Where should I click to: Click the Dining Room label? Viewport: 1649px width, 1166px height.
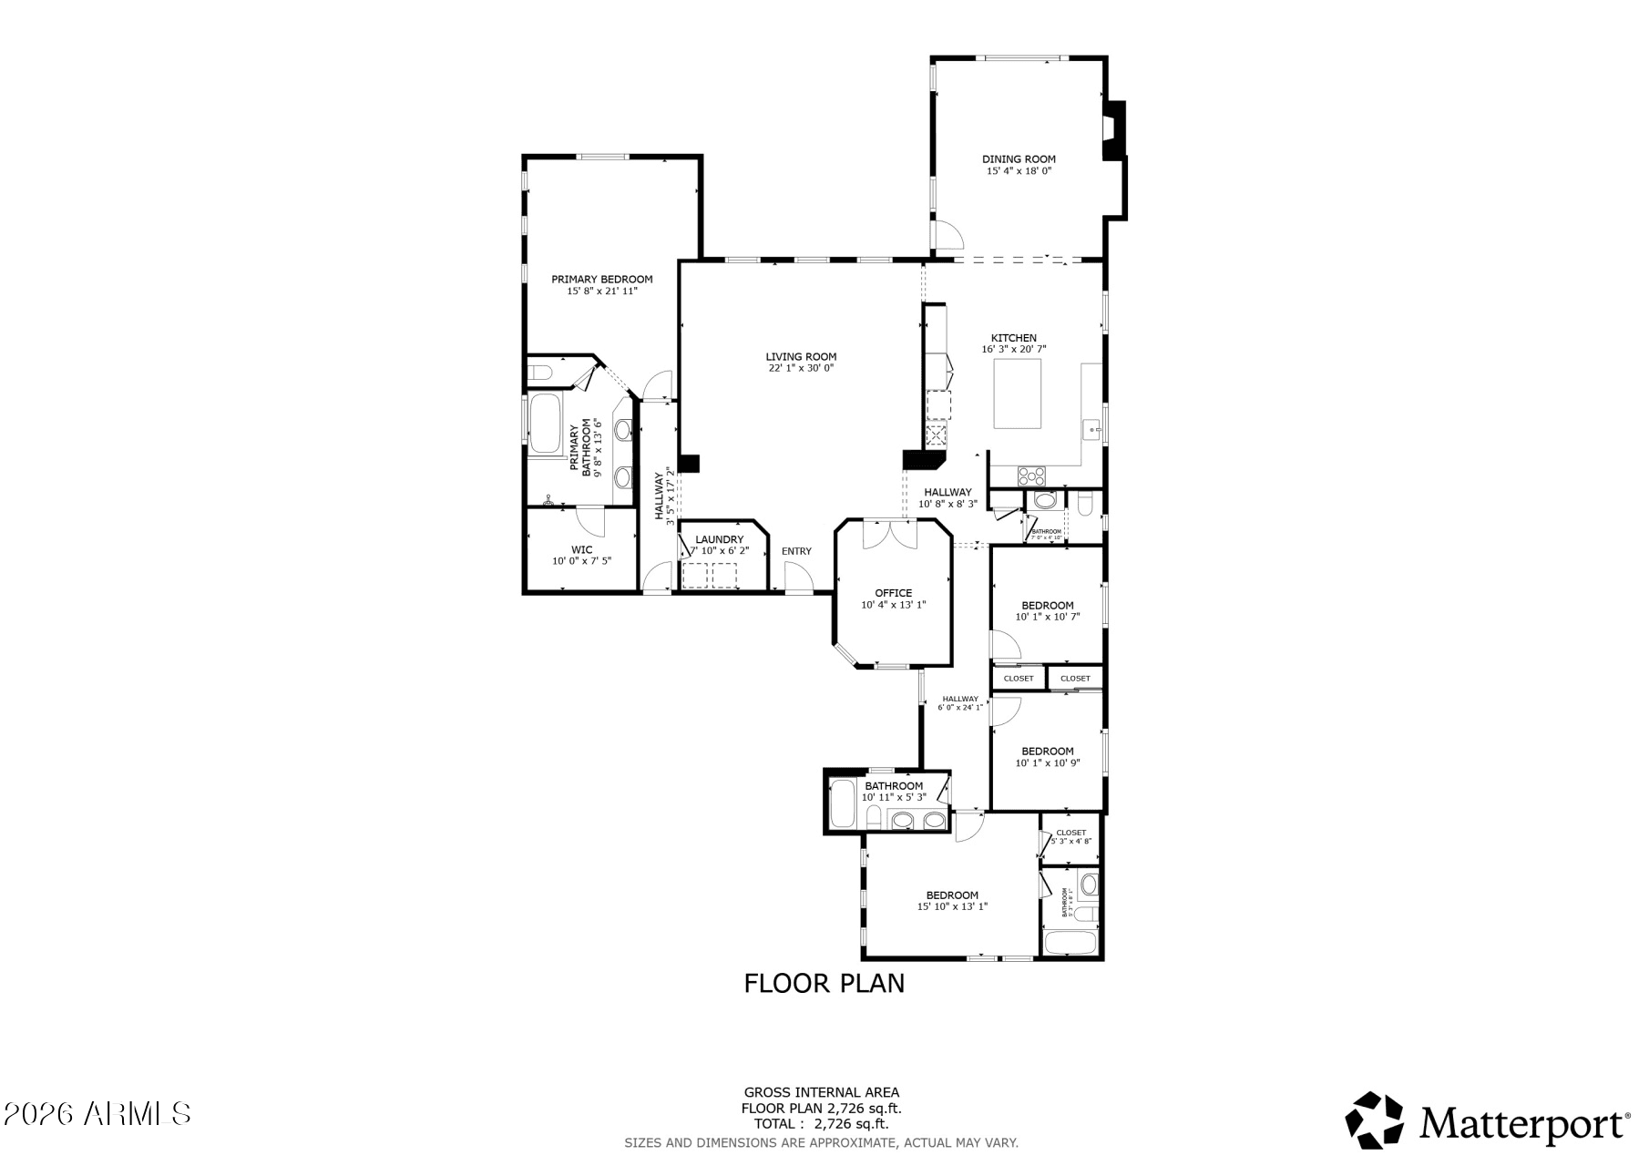[x=1019, y=159]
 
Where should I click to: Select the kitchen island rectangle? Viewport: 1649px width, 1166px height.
[x=1017, y=394]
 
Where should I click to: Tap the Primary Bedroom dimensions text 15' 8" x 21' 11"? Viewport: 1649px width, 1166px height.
[x=601, y=291]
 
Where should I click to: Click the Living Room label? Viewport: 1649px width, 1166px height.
[x=801, y=357]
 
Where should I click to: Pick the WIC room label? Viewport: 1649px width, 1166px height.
[x=581, y=549]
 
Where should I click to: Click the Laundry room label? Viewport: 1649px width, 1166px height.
[x=719, y=539]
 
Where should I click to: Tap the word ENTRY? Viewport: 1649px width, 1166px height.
[x=796, y=551]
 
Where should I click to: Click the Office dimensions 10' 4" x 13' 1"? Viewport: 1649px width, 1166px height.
[x=893, y=605]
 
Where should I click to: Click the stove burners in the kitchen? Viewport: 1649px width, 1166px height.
[x=1032, y=476]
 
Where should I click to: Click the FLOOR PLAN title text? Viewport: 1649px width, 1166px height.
[x=824, y=984]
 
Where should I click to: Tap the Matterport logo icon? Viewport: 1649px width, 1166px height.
[x=1375, y=1120]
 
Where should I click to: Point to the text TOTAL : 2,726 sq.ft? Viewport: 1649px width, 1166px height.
[x=821, y=1124]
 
